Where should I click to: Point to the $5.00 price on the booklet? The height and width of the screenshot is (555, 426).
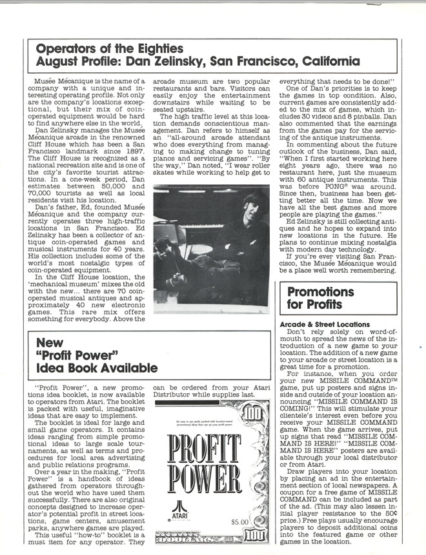point(239,521)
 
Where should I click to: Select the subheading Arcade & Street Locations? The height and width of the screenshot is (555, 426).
point(325,324)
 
